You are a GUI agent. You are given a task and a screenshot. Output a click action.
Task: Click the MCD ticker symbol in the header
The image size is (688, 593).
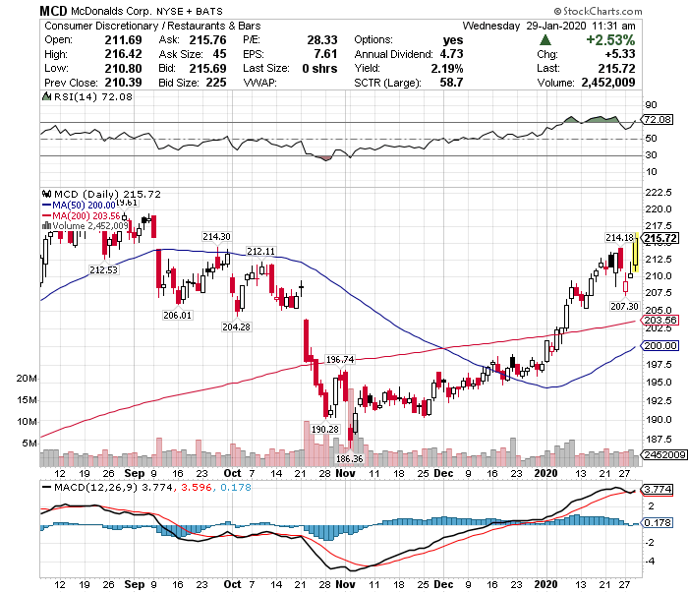coord(54,9)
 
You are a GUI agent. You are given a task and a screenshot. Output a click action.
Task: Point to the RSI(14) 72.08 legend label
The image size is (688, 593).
coord(77,98)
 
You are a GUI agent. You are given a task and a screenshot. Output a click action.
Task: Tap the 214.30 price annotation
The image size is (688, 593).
coord(216,237)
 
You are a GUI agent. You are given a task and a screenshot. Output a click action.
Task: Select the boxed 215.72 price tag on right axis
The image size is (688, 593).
coord(660,239)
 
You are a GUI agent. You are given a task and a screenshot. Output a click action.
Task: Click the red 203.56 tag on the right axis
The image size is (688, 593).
coord(660,321)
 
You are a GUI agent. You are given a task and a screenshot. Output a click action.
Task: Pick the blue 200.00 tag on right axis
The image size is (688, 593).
coord(660,345)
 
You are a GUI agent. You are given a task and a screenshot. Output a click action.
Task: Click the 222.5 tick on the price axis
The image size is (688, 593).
coord(657,193)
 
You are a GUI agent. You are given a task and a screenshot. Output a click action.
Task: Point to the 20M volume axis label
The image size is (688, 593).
coord(27,379)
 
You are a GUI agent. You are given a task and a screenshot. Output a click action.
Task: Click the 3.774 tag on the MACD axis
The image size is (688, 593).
coord(656,490)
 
